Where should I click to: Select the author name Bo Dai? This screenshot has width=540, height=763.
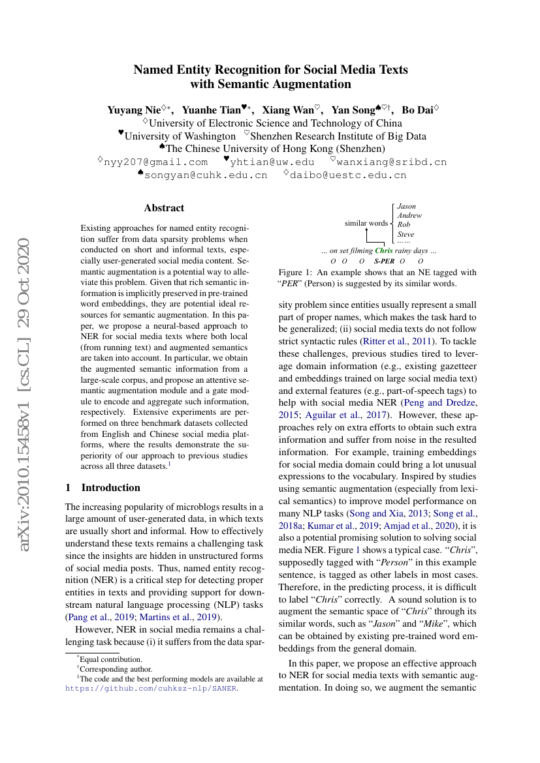(417, 110)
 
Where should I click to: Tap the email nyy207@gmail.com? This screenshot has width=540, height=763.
(156, 162)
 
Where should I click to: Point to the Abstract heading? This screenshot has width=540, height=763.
(164, 208)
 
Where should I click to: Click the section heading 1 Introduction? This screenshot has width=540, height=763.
(103, 487)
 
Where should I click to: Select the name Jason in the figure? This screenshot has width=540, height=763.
(406, 206)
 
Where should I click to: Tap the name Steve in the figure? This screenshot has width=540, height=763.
(405, 234)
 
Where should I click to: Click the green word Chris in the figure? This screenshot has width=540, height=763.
(384, 250)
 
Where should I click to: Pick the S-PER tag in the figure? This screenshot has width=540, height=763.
(385, 261)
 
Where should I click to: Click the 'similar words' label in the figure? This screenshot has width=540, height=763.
(366, 223)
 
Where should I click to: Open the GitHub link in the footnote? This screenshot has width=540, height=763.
(151, 687)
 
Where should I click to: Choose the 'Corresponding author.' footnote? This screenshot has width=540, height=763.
(116, 668)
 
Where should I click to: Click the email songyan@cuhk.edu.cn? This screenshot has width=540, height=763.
(206, 175)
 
